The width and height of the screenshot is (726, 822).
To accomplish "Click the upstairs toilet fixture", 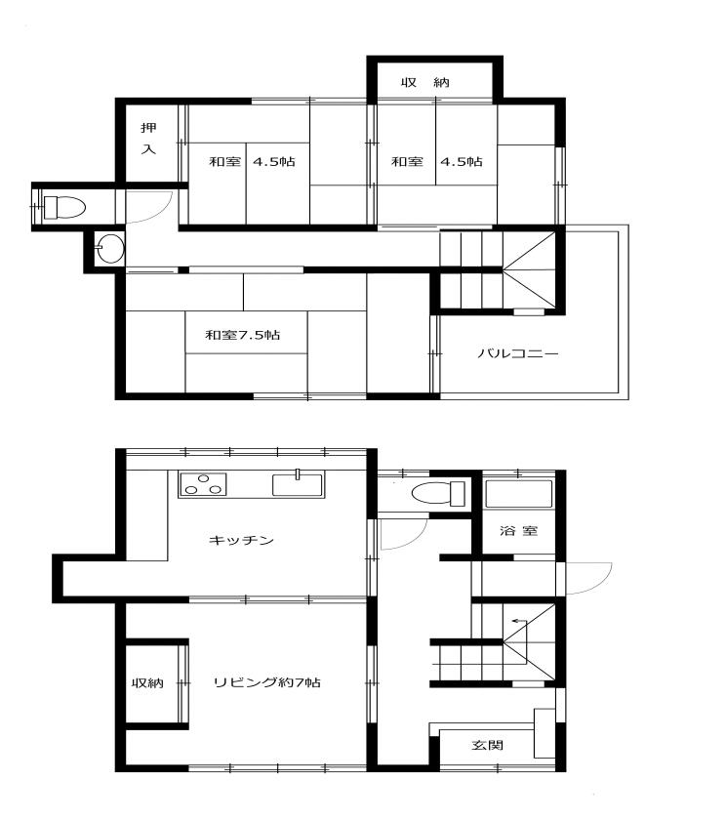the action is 63,207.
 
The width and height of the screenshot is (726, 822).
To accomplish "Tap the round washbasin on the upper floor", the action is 109,249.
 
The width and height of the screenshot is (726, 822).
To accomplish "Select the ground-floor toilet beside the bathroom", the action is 438,493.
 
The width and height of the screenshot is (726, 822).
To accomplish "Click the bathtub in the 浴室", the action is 518,494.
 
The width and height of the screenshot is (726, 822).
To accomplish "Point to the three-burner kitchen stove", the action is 203,484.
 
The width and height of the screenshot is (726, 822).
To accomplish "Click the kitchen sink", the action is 298,483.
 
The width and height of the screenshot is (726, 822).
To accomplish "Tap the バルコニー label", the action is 518,353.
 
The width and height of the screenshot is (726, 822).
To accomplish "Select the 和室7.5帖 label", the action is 243,335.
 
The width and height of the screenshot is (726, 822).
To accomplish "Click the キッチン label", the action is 241,540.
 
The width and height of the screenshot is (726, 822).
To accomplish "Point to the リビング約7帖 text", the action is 267,682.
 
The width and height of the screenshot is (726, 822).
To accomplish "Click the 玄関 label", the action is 488,745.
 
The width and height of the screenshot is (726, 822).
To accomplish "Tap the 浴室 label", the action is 518,530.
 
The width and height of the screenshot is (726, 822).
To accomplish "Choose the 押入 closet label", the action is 148,139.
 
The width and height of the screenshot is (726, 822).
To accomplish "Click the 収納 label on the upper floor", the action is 425,82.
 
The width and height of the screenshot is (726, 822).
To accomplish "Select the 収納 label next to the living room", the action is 147,683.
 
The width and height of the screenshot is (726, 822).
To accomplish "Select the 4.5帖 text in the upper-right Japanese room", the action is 462,161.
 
